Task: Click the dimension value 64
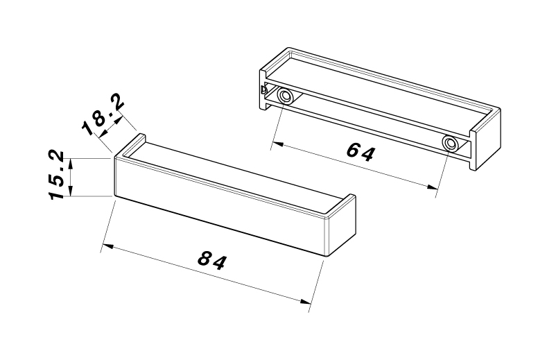click(361, 152)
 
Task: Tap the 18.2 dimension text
click(103, 114)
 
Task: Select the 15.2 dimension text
click(56, 175)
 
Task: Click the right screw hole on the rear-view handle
click(451, 143)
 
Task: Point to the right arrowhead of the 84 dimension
click(306, 301)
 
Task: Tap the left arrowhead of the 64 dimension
click(277, 144)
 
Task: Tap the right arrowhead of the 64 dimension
click(433, 187)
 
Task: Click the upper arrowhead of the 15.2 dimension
click(71, 164)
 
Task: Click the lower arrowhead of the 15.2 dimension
click(71, 191)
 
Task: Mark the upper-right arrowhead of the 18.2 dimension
click(119, 119)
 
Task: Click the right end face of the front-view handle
click(342, 226)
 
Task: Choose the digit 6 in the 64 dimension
click(354, 150)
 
